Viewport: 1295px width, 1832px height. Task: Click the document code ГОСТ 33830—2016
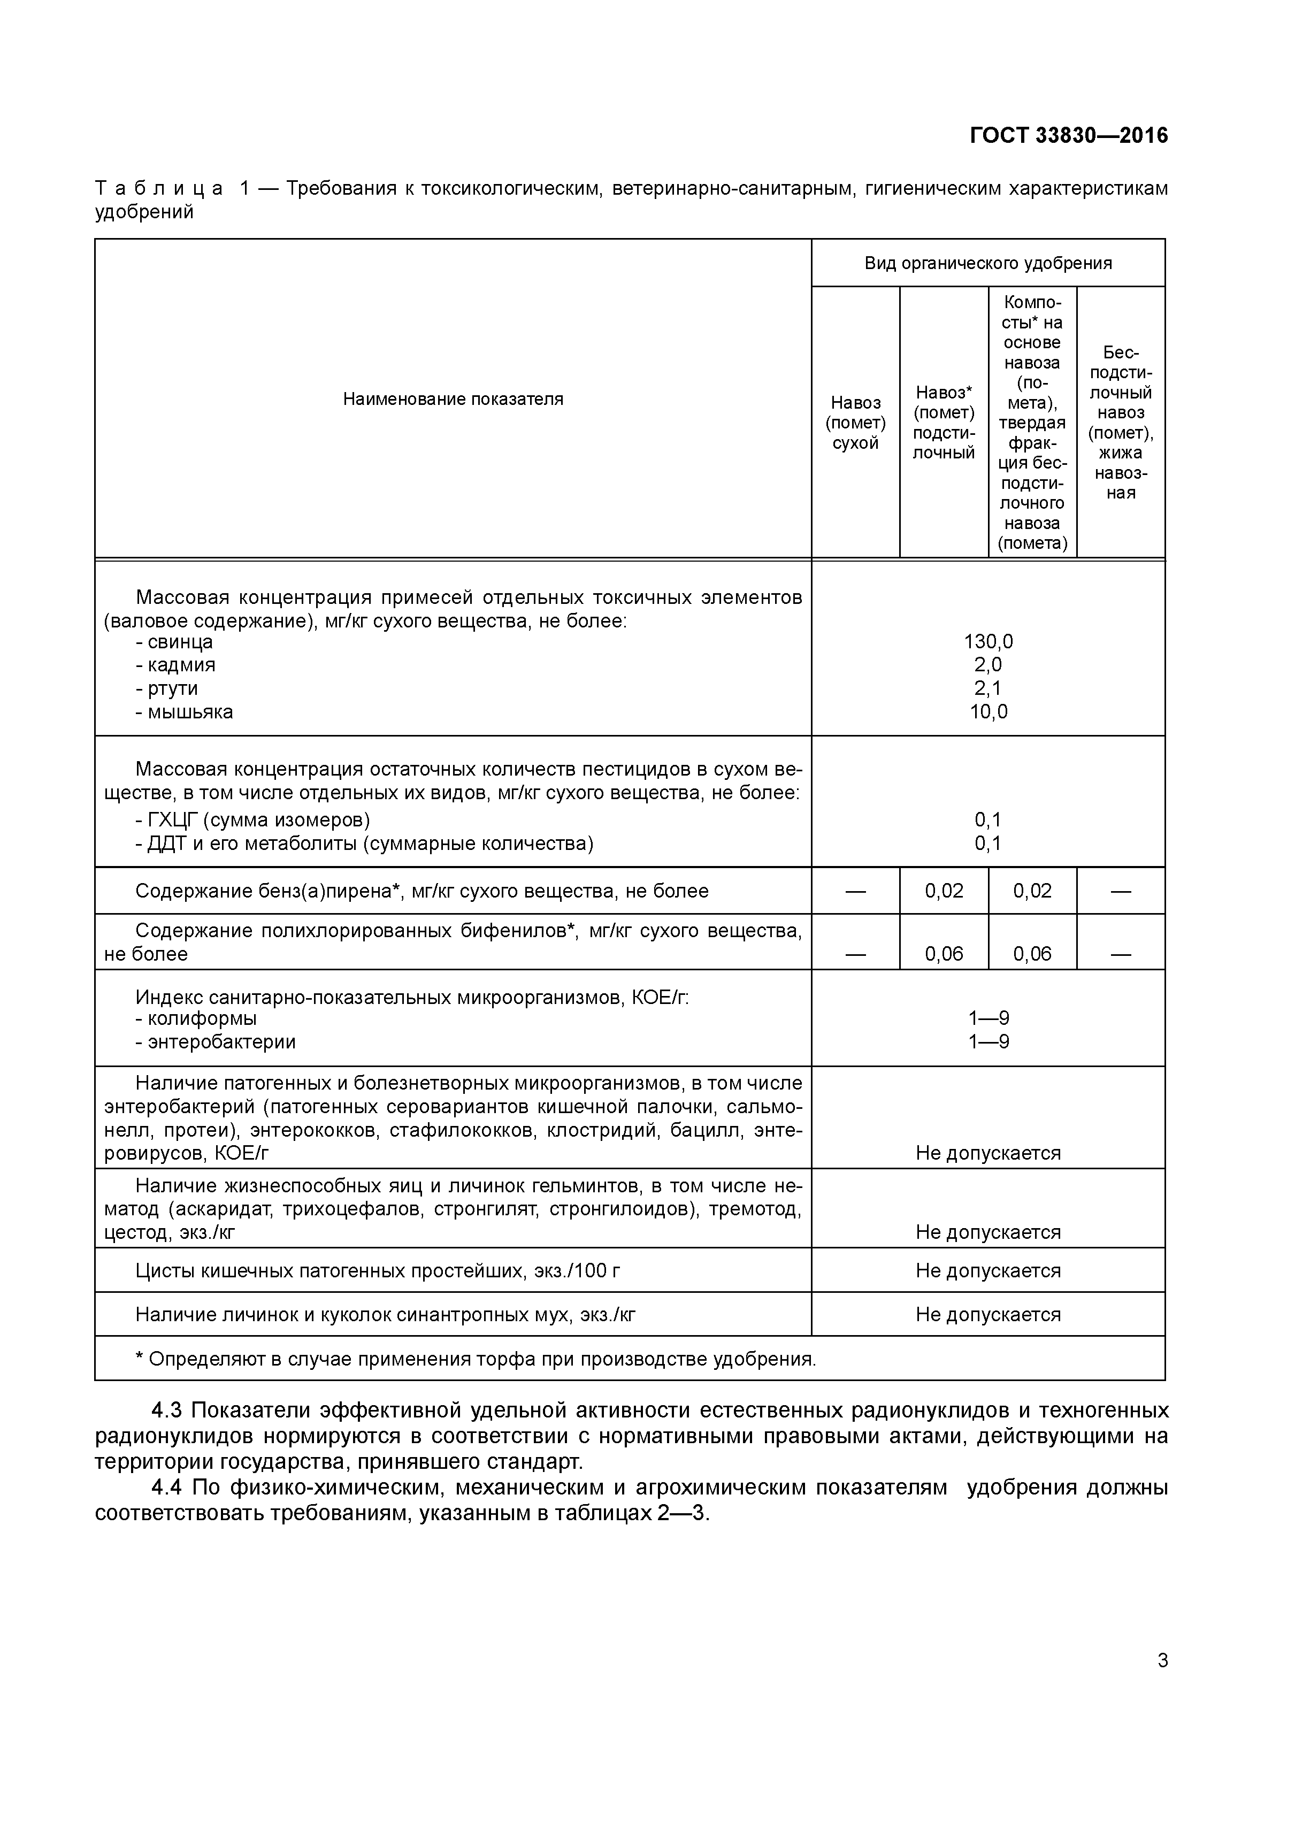tap(1068, 136)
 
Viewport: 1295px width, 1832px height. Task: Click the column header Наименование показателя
tap(453, 399)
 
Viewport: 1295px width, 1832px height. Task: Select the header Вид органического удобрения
tap(988, 263)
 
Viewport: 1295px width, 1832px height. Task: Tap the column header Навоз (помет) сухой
tap(855, 423)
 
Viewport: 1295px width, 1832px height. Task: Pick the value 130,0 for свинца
tap(988, 641)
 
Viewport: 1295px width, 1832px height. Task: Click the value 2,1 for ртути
tap(988, 688)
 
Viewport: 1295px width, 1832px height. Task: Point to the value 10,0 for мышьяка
tap(988, 712)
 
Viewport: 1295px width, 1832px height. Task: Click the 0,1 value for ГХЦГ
tap(988, 819)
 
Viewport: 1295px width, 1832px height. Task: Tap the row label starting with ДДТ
tap(364, 844)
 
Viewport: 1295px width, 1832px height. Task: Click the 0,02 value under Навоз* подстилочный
tap(944, 891)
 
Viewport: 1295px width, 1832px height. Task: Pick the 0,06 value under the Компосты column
tap(1032, 954)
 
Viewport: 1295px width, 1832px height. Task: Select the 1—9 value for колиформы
tap(988, 1018)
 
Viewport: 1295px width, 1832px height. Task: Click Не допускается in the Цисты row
tap(988, 1270)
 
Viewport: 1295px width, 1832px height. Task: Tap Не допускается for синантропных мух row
tap(988, 1314)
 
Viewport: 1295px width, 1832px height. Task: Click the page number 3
tap(1162, 1660)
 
